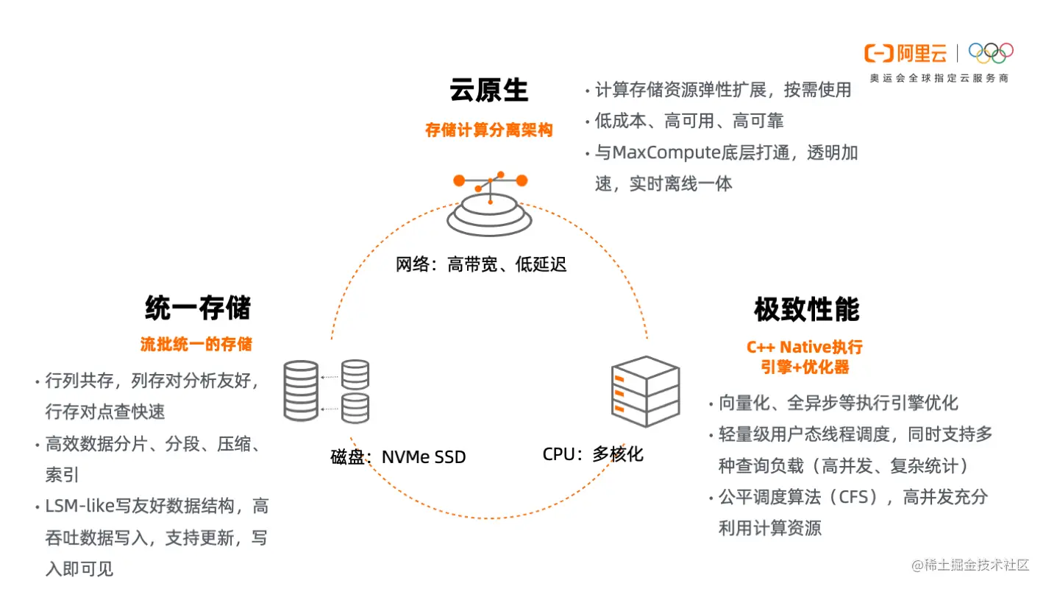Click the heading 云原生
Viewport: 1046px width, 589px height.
[x=489, y=91]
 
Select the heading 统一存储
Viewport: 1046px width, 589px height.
[x=198, y=308]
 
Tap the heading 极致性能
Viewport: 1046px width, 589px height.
[x=806, y=310]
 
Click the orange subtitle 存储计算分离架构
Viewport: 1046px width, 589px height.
[x=489, y=130]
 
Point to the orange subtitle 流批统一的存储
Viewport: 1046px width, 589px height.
[x=196, y=344]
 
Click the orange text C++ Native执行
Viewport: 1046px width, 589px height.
[x=805, y=348]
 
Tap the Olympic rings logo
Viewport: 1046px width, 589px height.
[x=991, y=52]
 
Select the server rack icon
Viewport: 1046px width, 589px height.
[x=645, y=392]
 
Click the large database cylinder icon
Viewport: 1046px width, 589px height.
[x=301, y=390]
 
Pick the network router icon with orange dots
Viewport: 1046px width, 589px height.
[x=490, y=202]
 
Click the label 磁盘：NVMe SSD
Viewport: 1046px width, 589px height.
[x=398, y=457]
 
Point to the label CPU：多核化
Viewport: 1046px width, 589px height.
[x=593, y=454]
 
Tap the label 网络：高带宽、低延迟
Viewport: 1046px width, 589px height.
[x=481, y=264]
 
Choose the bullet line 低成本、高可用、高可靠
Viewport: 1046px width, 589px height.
[x=689, y=121]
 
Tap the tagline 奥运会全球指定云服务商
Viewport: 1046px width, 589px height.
[x=939, y=78]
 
